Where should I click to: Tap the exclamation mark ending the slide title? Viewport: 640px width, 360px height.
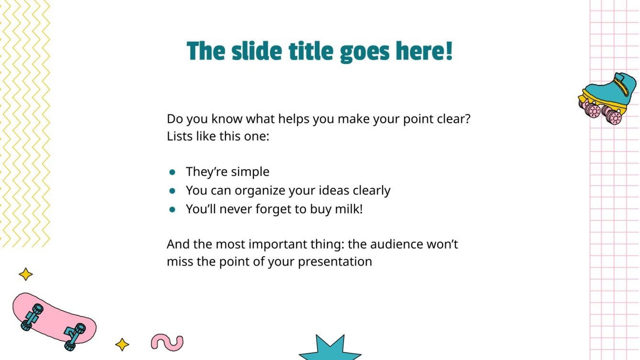click(448, 51)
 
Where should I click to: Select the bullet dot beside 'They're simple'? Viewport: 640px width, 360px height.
click(172, 172)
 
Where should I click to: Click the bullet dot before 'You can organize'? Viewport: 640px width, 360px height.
click(172, 191)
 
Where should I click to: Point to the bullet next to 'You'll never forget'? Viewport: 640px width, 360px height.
click(172, 209)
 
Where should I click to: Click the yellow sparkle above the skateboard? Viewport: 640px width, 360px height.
click(25, 274)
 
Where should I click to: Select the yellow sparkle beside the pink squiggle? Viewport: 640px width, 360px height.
click(122, 345)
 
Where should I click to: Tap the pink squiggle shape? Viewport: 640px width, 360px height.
click(167, 341)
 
